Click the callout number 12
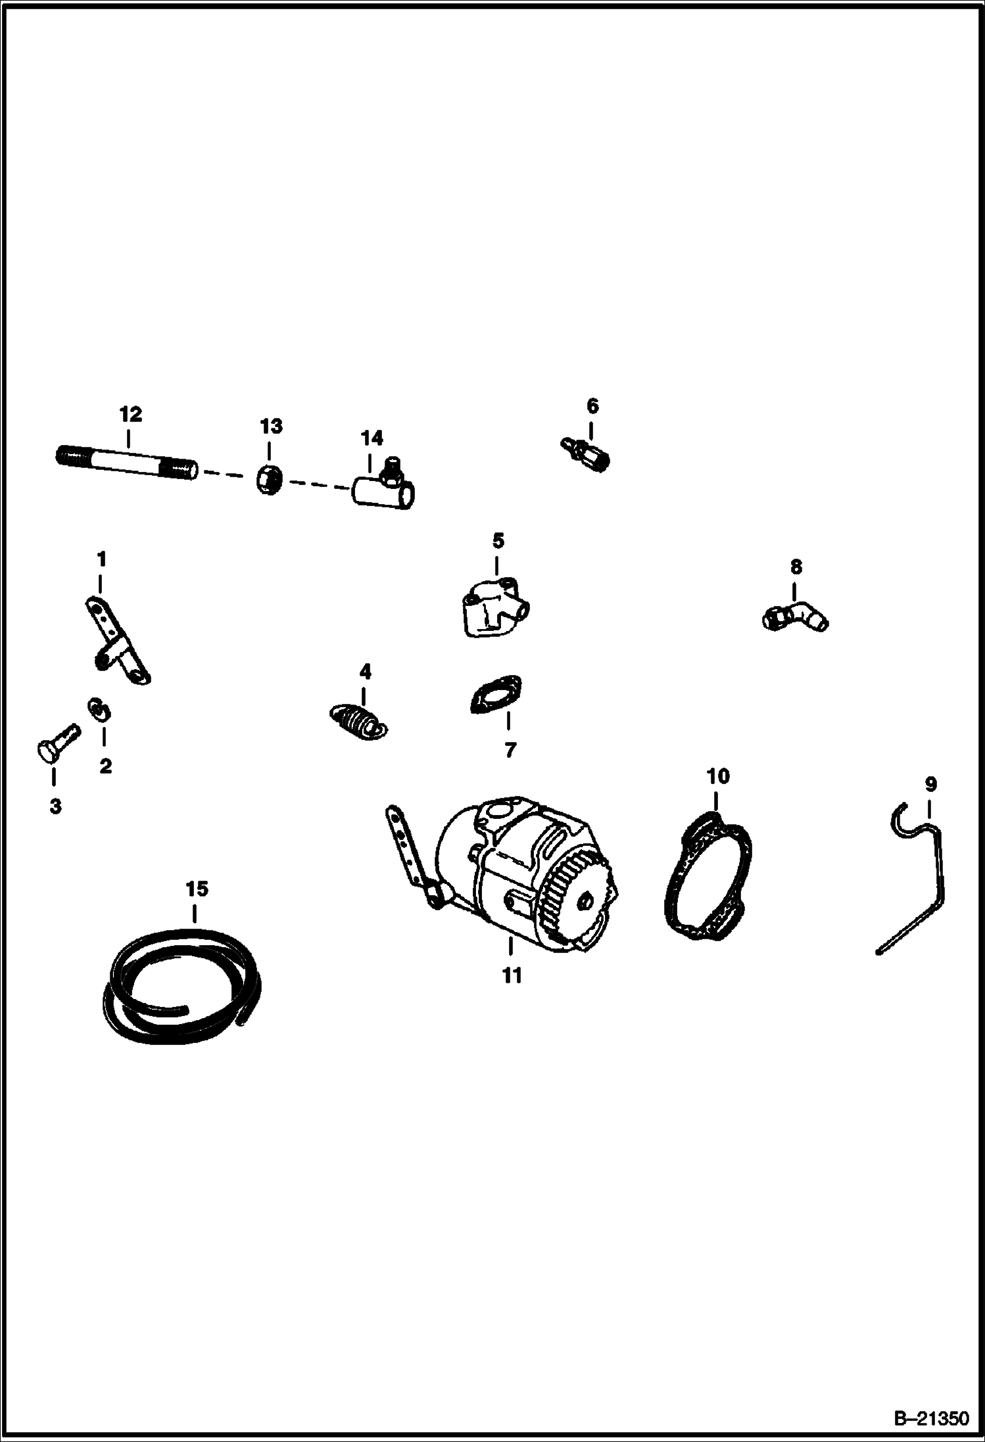[x=130, y=415]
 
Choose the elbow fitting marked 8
[x=796, y=616]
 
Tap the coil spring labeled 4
[x=358, y=720]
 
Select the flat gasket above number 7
[x=496, y=694]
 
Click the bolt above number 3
[x=56, y=743]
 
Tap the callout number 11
[x=512, y=975]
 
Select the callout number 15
[x=197, y=889]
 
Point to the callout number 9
[x=930, y=784]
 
